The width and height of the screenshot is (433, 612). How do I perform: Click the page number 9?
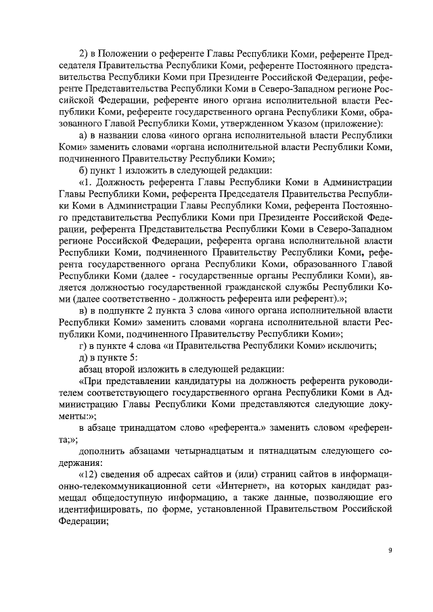pos(390,550)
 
